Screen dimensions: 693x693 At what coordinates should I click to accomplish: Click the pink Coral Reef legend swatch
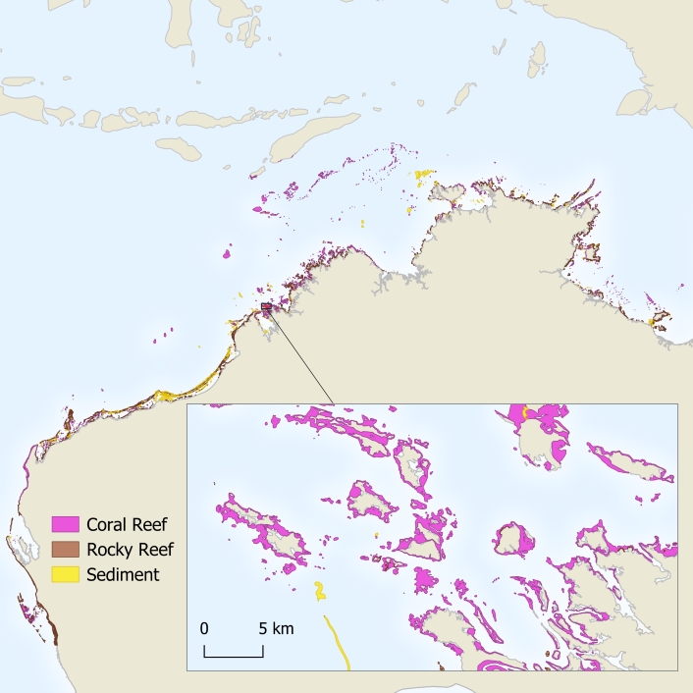point(65,522)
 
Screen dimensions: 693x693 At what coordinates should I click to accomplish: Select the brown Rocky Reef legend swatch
point(65,549)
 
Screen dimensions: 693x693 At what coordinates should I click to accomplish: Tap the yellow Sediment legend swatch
point(65,574)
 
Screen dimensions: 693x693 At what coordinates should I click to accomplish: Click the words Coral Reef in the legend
point(124,522)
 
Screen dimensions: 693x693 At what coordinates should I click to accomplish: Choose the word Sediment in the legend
point(123,574)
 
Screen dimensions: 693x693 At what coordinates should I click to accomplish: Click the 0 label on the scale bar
point(204,627)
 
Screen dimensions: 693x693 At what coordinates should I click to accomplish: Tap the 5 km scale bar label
point(275,627)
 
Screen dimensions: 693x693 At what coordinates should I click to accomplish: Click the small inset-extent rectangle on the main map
point(266,308)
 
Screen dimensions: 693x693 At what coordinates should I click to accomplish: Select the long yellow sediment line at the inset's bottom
point(340,644)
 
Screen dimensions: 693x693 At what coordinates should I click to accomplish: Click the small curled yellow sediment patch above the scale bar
point(319,590)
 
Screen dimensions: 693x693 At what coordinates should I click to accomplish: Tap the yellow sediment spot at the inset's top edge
point(524,412)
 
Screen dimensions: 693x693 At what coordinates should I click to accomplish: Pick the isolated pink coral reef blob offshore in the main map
point(227,254)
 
